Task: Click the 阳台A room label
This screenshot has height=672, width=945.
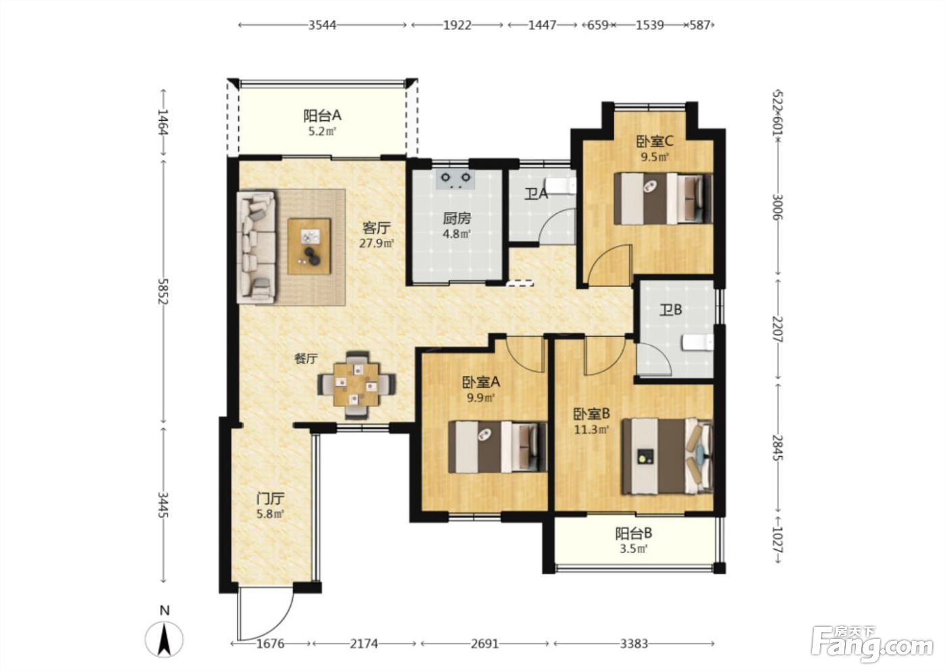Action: tap(323, 115)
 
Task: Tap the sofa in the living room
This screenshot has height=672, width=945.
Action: tap(256, 247)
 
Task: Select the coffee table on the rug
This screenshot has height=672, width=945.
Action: tap(309, 246)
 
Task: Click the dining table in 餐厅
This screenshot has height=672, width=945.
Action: tap(356, 385)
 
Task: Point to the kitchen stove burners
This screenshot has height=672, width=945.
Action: tap(456, 179)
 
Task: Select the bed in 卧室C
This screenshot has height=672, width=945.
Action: tap(663, 198)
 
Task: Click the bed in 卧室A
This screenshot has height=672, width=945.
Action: tap(498, 447)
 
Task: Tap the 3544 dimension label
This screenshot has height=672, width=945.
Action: tap(323, 25)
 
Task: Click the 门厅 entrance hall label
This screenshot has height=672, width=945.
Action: tap(271, 499)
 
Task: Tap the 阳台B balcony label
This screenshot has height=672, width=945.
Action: tap(633, 534)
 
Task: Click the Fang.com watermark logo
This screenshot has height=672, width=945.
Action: tap(872, 647)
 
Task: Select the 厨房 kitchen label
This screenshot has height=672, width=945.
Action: tap(457, 219)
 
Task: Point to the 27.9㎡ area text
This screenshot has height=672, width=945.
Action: tap(377, 244)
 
